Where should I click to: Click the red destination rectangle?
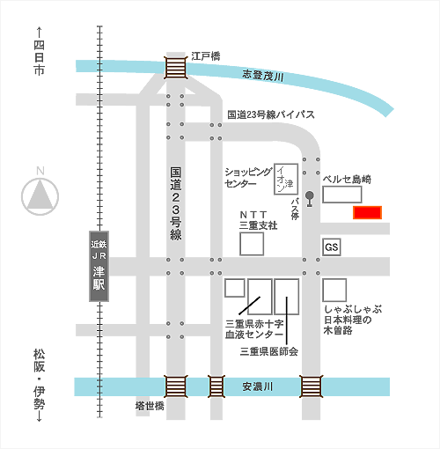(367, 212)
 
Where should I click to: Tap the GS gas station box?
(332, 247)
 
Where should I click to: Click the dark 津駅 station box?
(99, 266)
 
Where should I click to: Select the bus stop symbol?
(310, 199)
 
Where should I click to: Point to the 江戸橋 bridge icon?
(175, 68)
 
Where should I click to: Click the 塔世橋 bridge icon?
(175, 386)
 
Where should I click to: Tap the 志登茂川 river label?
(263, 76)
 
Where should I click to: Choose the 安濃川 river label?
(257, 386)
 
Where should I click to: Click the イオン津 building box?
(286, 179)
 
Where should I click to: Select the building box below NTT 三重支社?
(252, 244)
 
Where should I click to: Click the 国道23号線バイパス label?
(271, 114)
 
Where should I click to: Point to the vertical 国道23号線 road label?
(176, 204)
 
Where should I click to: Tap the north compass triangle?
(40, 195)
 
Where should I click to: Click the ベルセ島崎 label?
(347, 180)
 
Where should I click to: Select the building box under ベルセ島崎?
(342, 195)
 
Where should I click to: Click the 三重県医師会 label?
(269, 351)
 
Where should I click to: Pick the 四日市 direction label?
(39, 57)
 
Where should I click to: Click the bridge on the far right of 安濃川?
(311, 386)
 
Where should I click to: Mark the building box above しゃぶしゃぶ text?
(334, 290)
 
